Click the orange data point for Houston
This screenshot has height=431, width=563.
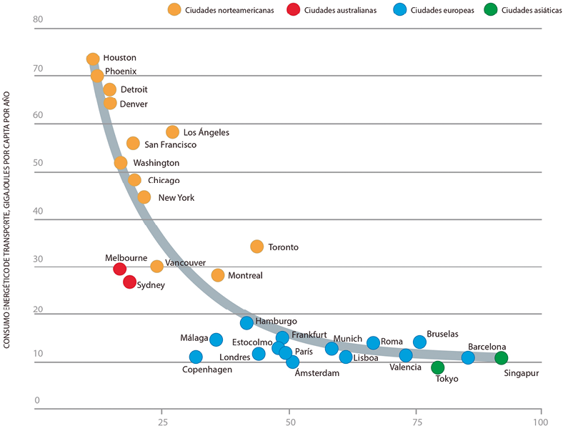click(x=93, y=59)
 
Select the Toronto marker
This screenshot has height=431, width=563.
click(x=257, y=247)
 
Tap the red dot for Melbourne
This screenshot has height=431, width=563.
click(x=120, y=269)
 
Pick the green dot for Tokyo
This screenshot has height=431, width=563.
click(x=438, y=367)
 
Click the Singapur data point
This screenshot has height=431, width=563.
click(x=502, y=358)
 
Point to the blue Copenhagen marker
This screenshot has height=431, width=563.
click(x=196, y=357)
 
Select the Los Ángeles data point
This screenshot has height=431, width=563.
click(x=172, y=132)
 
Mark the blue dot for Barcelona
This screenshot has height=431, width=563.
click(x=468, y=357)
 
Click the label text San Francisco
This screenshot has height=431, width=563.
click(x=171, y=145)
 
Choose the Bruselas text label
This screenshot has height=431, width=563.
click(x=442, y=334)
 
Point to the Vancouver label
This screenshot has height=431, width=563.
click(x=185, y=263)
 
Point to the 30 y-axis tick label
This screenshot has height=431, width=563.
click(x=39, y=259)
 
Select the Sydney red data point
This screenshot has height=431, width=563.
click(x=129, y=282)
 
